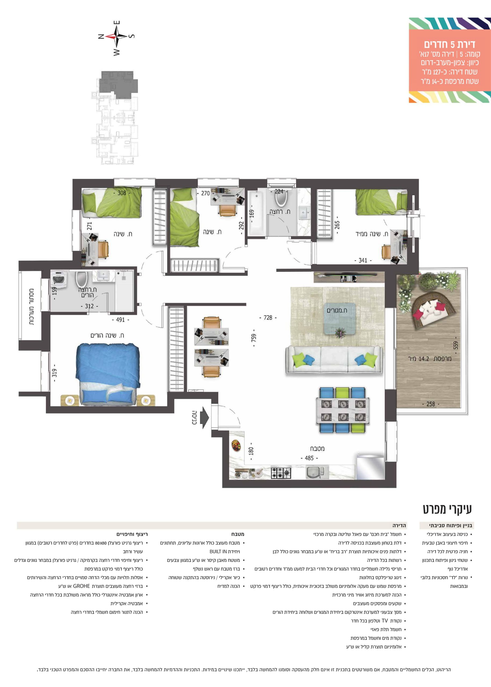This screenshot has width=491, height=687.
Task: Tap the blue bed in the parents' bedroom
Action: [108, 374]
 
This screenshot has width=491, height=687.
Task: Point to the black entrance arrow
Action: [204, 417]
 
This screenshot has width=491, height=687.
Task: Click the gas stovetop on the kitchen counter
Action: [281, 473]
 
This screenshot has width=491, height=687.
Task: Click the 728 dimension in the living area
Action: [268, 318]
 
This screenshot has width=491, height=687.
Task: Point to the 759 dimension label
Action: [254, 338]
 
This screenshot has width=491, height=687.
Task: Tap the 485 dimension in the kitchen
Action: [309, 458]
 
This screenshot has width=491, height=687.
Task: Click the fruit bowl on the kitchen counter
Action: [236, 445]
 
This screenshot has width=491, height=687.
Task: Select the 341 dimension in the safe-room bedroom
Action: [363, 260]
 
